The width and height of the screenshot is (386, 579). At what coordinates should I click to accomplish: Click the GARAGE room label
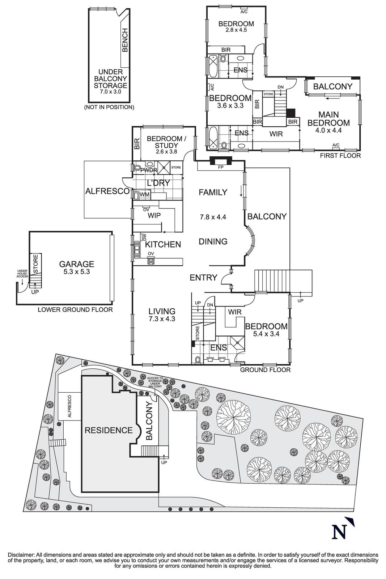pyautogui.click(x=77, y=264)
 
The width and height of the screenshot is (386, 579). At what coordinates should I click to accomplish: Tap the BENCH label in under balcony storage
pyautogui.click(x=125, y=40)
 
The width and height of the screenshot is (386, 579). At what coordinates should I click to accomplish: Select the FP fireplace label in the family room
pyautogui.click(x=220, y=168)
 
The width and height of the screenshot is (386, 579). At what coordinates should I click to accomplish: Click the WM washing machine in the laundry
pyautogui.click(x=144, y=195)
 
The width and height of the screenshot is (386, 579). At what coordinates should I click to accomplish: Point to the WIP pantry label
pyautogui.click(x=154, y=215)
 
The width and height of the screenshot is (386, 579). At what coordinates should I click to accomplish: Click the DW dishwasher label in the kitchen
pyautogui.click(x=144, y=237)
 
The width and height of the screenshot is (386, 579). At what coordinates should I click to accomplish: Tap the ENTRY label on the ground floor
pyautogui.click(x=203, y=278)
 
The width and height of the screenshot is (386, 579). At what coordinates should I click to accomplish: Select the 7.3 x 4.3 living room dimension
pyautogui.click(x=162, y=319)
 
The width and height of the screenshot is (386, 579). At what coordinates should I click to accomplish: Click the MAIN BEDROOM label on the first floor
pyautogui.click(x=328, y=119)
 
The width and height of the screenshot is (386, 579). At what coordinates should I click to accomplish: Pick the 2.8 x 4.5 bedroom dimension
pyautogui.click(x=236, y=30)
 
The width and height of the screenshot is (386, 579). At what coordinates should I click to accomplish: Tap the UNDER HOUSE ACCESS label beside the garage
pyautogui.click(x=22, y=274)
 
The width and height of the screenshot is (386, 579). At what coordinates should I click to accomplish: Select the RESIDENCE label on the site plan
pyautogui.click(x=109, y=430)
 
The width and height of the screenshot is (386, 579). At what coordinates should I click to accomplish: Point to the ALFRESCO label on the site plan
pyautogui.click(x=69, y=406)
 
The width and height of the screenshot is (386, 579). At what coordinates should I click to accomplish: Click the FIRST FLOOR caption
pyautogui.click(x=340, y=156)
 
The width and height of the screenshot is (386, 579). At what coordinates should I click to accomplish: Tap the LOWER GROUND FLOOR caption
pyautogui.click(x=75, y=310)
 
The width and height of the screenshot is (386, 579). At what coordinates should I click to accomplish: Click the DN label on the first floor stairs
pyautogui.click(x=280, y=87)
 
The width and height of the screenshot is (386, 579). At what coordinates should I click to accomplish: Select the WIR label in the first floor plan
pyautogui.click(x=276, y=134)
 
